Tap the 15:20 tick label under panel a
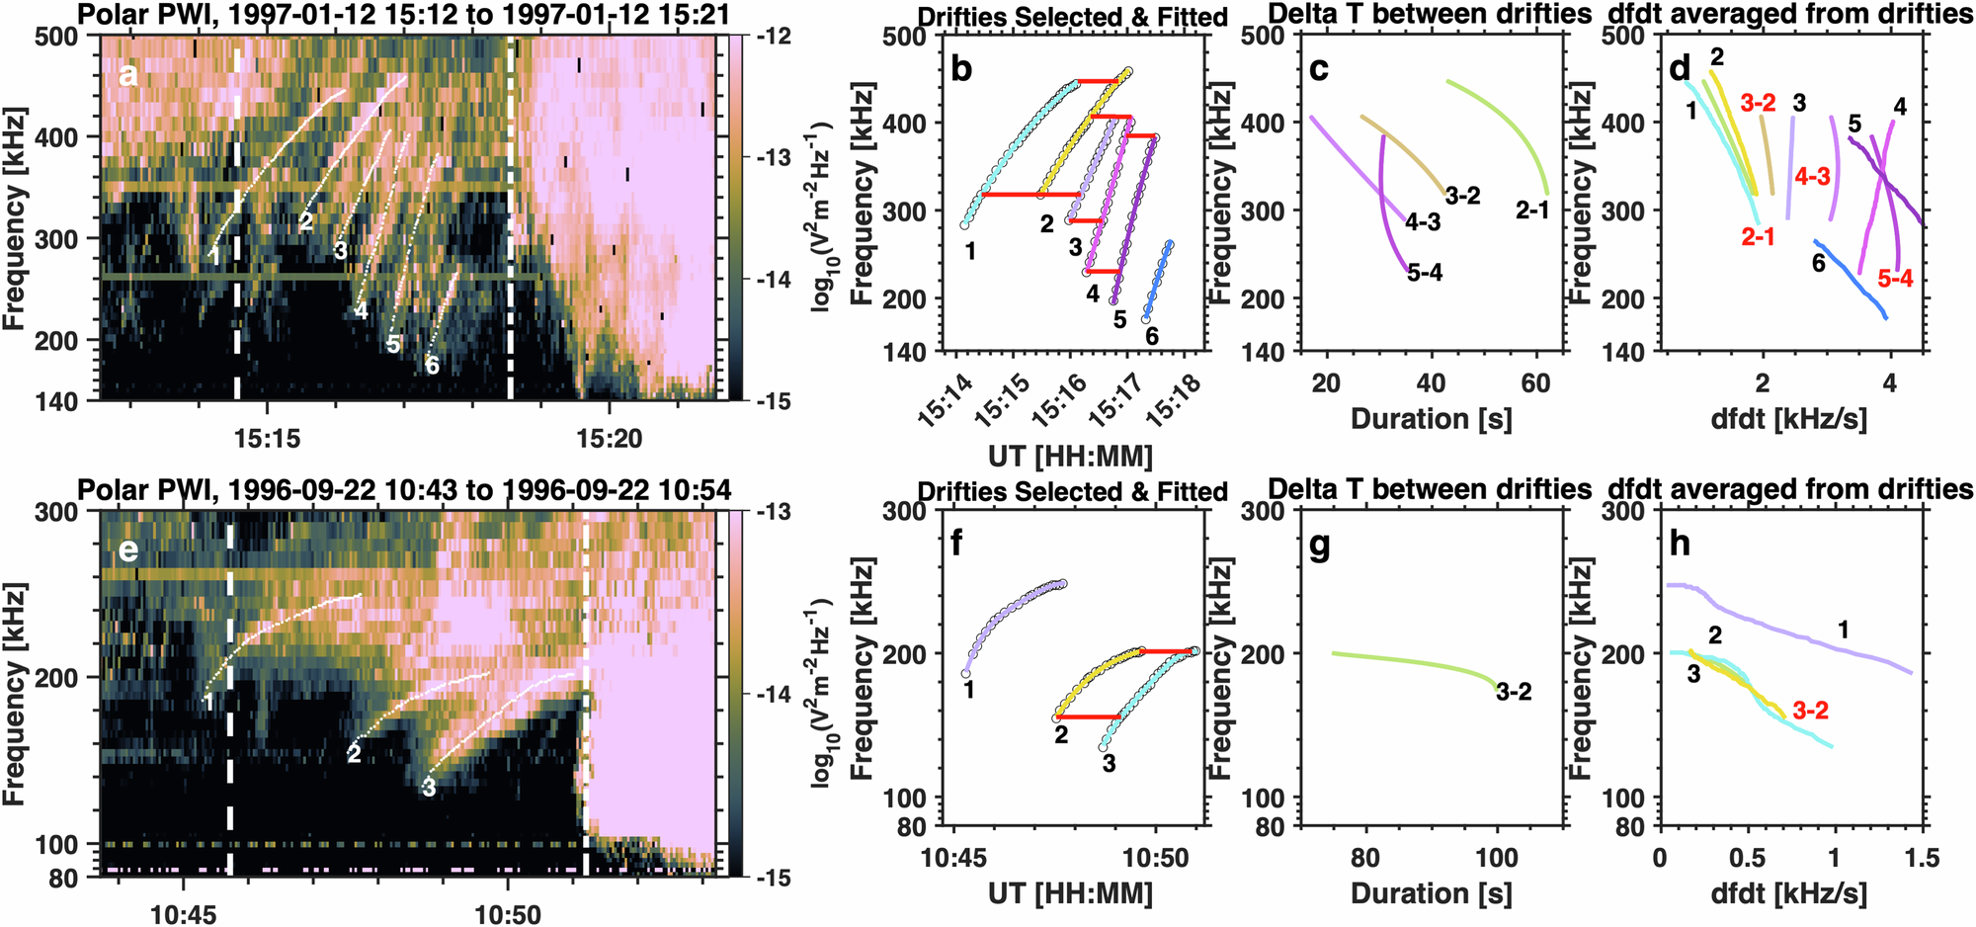[x=610, y=438]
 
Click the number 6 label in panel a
[x=432, y=366]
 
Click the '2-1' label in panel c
[x=1532, y=210]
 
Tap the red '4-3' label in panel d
[x=1812, y=177]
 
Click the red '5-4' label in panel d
[x=1895, y=279]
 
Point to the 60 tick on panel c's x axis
[x=1535, y=383]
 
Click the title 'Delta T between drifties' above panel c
[x=1429, y=15]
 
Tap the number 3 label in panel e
[x=428, y=788]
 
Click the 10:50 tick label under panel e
[x=507, y=914]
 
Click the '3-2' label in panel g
[x=1514, y=692]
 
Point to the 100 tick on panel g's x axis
[x=1496, y=858]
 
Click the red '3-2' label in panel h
[x=1810, y=710]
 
